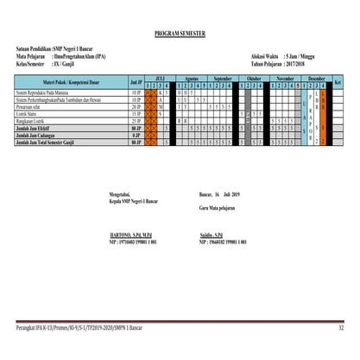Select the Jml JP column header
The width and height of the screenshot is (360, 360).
pos(135,81)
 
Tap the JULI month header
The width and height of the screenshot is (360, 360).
pos(159,78)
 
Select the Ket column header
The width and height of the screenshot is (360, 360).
pos(338,81)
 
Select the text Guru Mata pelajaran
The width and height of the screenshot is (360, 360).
pos(218,208)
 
